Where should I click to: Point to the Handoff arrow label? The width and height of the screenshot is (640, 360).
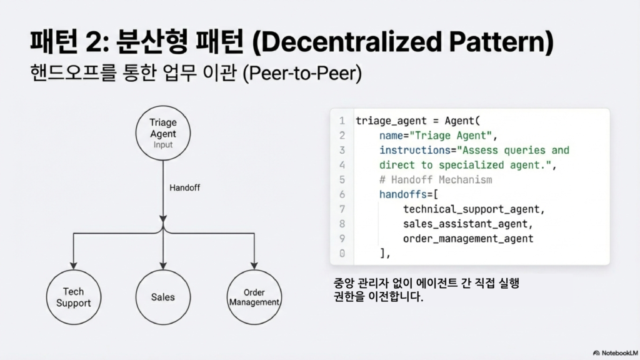coord(184,187)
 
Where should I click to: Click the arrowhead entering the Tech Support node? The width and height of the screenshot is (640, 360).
coord(74,266)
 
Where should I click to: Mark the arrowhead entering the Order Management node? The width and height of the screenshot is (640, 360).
coord(254,266)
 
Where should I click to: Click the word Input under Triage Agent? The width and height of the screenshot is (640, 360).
coord(163,145)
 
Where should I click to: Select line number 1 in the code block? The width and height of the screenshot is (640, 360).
coord(342,121)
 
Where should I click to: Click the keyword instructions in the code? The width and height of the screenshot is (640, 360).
coord(415,150)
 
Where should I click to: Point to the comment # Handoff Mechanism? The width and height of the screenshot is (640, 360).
coord(436,179)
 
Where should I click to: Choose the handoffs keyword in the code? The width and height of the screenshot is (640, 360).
coord(403,194)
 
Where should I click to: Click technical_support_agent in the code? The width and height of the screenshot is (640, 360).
coord(471,209)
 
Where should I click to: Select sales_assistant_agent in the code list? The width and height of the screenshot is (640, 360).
coord(465,224)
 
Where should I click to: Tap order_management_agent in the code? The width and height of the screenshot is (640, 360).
coord(468,239)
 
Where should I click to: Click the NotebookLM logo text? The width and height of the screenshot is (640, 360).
coord(619,353)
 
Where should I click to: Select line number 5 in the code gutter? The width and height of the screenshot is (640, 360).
coord(342,179)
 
